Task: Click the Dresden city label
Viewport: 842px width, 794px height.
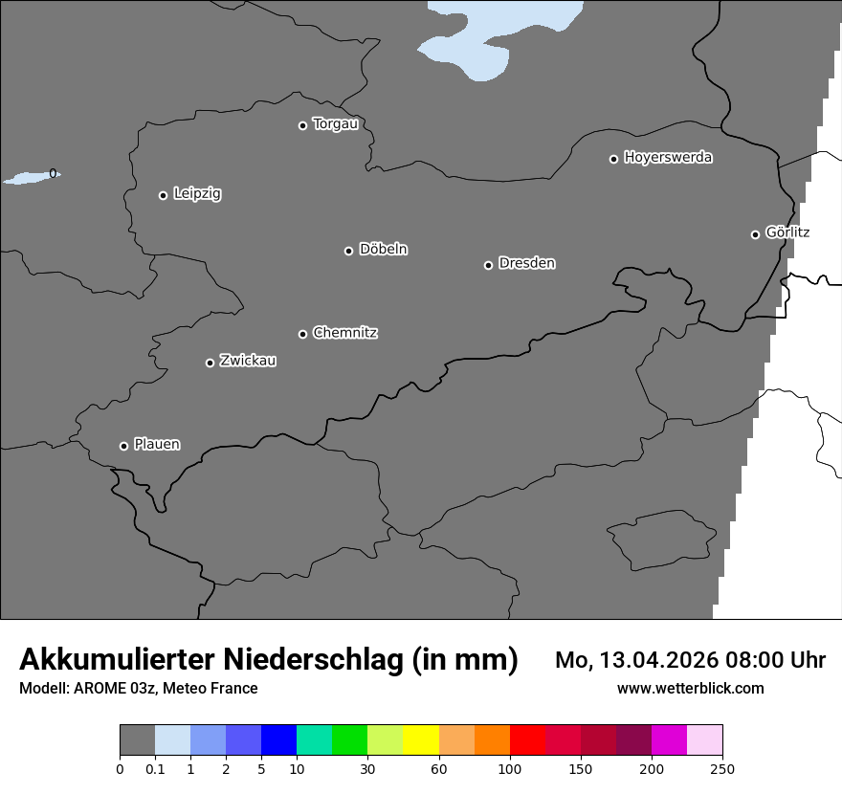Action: (x=526, y=263)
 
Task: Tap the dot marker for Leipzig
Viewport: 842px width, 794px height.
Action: (x=163, y=195)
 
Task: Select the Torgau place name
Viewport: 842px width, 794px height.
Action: (x=335, y=124)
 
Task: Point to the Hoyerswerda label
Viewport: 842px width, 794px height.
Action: (x=668, y=157)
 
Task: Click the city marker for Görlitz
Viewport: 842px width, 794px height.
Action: (x=755, y=234)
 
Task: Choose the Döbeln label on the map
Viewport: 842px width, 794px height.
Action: (x=383, y=250)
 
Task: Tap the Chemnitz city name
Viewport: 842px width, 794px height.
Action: (x=344, y=333)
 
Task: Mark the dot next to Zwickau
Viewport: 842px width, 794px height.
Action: (x=210, y=363)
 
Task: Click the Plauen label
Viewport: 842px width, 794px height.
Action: (x=157, y=444)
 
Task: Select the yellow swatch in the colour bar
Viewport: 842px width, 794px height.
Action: (x=421, y=740)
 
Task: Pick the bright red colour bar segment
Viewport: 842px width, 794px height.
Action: (x=527, y=740)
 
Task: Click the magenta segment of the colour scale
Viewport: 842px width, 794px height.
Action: (x=669, y=740)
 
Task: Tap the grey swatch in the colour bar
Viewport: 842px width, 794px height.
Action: (x=137, y=740)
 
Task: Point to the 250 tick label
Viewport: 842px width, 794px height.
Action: (x=722, y=769)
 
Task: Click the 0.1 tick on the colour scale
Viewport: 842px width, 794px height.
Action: (x=155, y=769)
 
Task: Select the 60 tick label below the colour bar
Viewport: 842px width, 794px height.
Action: (x=439, y=769)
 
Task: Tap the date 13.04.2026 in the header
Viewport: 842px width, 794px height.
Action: (x=654, y=660)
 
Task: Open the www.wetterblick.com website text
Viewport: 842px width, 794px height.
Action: (x=690, y=688)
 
